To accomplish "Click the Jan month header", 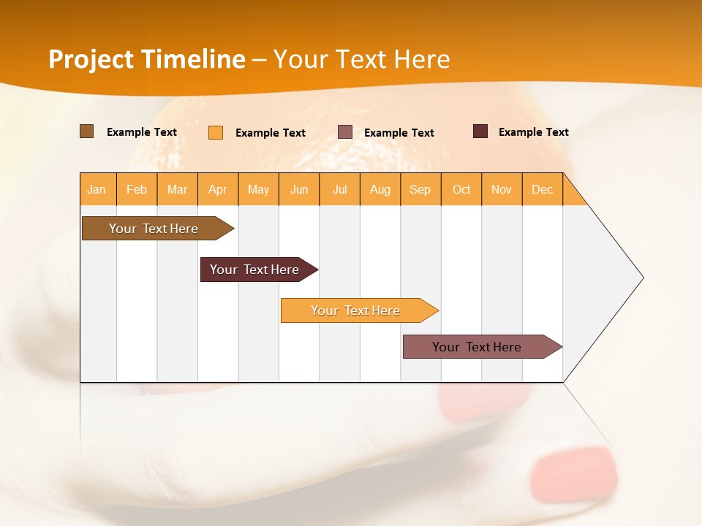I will (x=97, y=189).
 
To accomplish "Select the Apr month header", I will (x=218, y=189).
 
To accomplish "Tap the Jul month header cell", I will (x=340, y=189).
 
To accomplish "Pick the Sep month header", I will (x=420, y=189).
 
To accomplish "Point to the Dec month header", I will (x=543, y=189).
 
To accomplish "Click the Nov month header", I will (x=502, y=189).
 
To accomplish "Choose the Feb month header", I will (x=137, y=189).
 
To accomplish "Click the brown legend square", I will (x=87, y=131).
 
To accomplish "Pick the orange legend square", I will (x=216, y=132).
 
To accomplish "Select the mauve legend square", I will (x=345, y=132).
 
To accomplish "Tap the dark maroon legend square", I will (x=480, y=131).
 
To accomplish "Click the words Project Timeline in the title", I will (x=146, y=59).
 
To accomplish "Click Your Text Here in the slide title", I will (x=362, y=59).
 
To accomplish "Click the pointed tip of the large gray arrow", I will (x=641, y=278).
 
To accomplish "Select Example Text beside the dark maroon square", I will (x=533, y=132).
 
